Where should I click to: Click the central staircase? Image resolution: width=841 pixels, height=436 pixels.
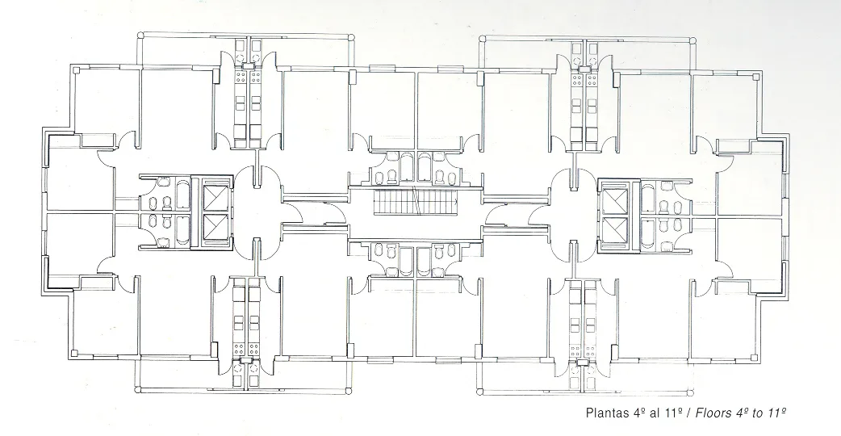click(x=416, y=202)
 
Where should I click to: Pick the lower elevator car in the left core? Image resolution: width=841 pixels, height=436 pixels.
click(x=216, y=229)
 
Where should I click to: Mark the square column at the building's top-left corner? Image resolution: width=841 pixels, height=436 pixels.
click(x=76, y=69)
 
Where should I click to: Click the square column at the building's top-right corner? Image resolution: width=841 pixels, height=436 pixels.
click(x=757, y=76)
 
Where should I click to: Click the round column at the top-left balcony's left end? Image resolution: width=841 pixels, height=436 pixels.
click(x=140, y=36)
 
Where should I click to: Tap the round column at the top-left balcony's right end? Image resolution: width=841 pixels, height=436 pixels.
click(x=351, y=37)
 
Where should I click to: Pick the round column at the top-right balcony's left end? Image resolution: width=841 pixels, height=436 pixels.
click(x=482, y=39)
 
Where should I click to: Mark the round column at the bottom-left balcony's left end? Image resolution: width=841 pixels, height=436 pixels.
click(x=137, y=388)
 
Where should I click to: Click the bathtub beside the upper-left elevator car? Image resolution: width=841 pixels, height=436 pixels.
click(x=182, y=195)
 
